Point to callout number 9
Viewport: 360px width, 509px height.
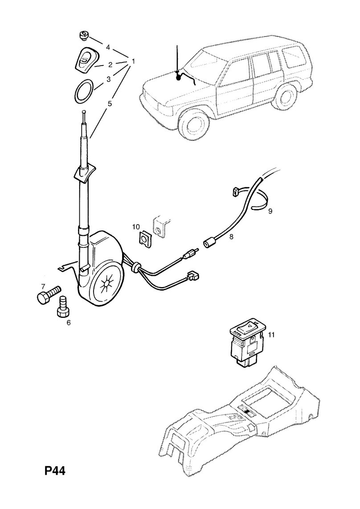tap(270, 211)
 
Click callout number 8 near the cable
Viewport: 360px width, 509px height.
tap(231, 238)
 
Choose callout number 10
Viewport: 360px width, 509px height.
tap(136, 227)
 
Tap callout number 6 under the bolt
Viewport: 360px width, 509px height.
tap(69, 322)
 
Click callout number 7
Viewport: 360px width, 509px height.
tap(43, 286)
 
